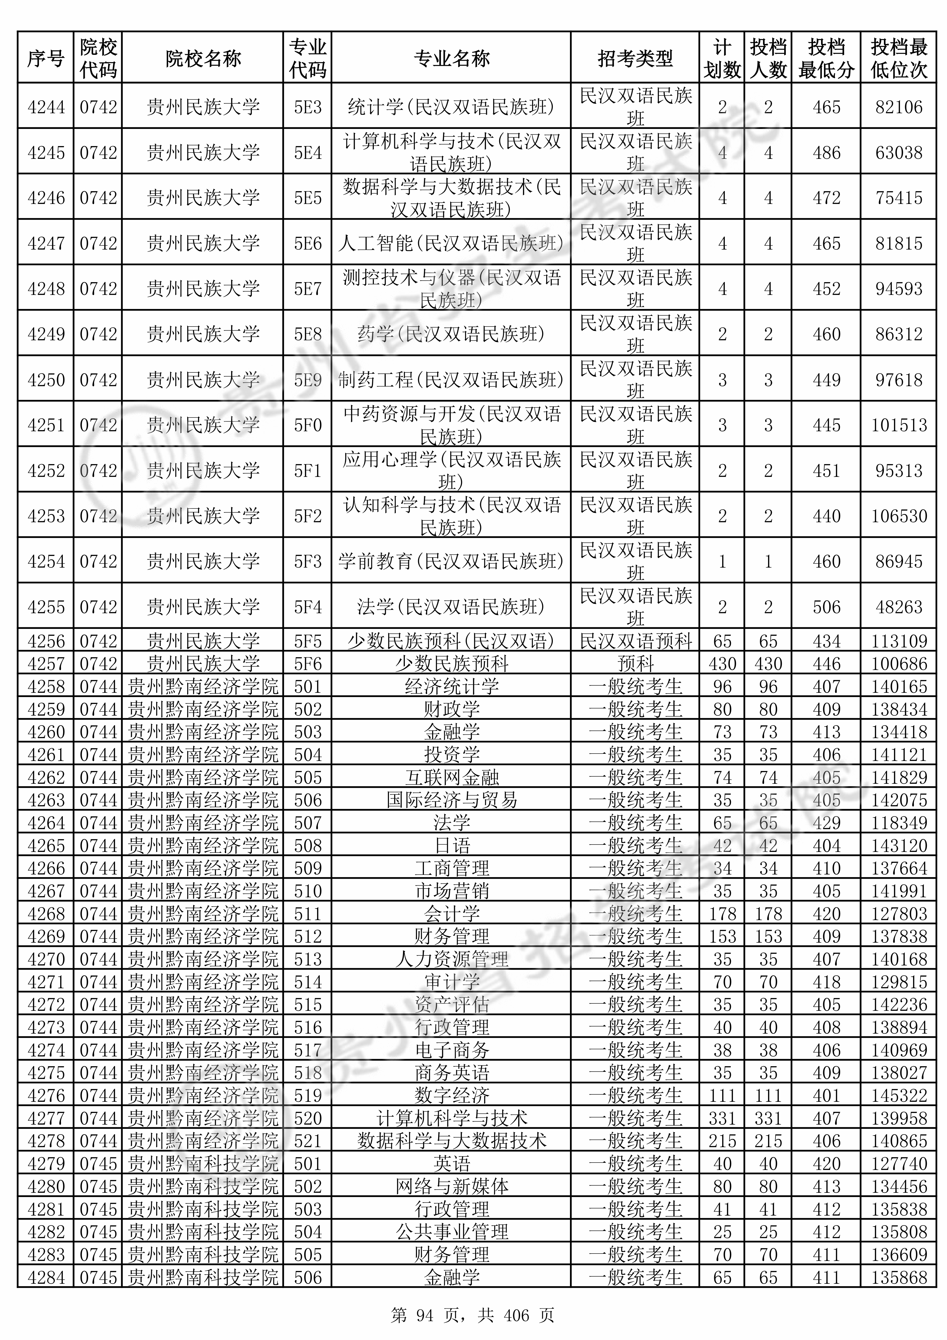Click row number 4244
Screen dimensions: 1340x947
click(x=46, y=107)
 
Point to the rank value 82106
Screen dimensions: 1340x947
click(x=898, y=107)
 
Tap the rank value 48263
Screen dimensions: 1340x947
click(x=898, y=607)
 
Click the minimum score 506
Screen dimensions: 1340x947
click(x=826, y=607)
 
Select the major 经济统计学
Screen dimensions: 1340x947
click(x=451, y=686)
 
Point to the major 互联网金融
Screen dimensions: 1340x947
click(x=451, y=777)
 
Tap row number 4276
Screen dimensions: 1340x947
click(x=46, y=1095)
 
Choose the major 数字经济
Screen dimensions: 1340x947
click(x=451, y=1095)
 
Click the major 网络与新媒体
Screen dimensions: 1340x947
click(x=451, y=1186)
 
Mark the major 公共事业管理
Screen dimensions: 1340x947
click(x=451, y=1232)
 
